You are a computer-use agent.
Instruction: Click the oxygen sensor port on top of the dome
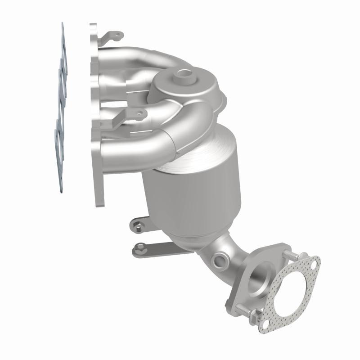[x=184, y=74]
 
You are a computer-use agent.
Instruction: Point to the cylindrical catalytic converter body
[x=193, y=198]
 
